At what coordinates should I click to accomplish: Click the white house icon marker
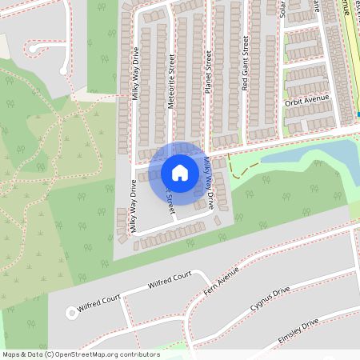tap(180, 173)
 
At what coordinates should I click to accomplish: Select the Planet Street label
tap(208, 73)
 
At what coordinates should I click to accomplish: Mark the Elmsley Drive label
tap(298, 327)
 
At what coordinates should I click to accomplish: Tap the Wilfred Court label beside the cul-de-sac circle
tap(99, 302)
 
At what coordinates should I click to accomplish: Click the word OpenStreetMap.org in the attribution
tap(87, 354)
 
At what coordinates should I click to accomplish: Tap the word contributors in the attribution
tap(136, 354)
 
